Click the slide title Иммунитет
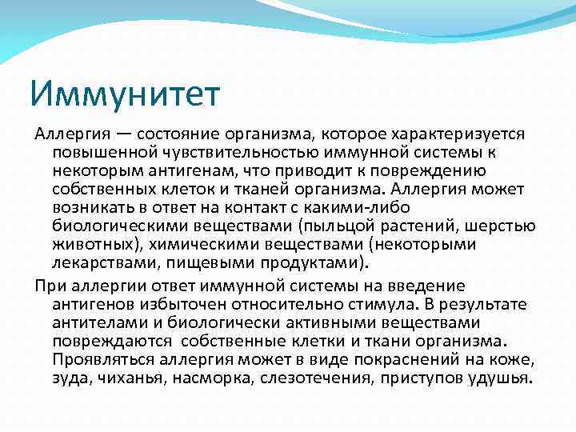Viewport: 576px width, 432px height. [125, 93]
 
